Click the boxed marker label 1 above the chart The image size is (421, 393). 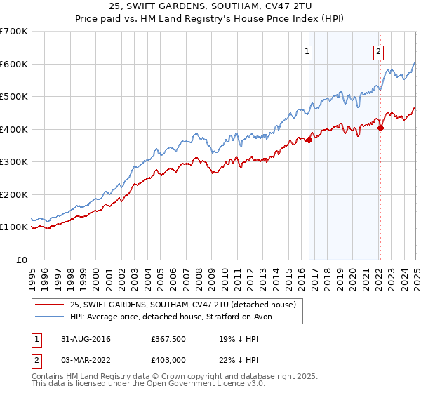pyautogui.click(x=307, y=51)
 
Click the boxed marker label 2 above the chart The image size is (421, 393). pyautogui.click(x=378, y=51)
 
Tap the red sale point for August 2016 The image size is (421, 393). pyautogui.click(x=309, y=140)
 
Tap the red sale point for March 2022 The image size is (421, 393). pyautogui.click(x=380, y=128)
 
